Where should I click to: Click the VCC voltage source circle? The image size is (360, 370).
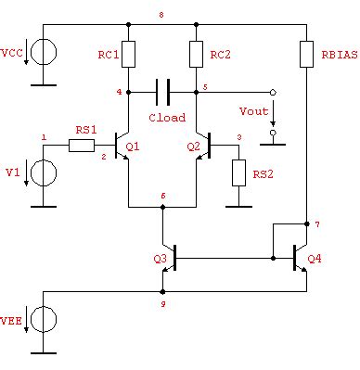coord(44,53)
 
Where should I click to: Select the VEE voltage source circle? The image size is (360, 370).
coord(44,320)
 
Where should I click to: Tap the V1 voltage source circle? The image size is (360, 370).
coord(44,172)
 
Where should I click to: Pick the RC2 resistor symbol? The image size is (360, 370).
coord(197,54)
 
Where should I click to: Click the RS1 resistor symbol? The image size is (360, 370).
coord(83,145)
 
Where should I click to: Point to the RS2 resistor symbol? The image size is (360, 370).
coord(239,172)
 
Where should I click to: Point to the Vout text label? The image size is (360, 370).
coord(253,110)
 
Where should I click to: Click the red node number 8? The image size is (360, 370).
coord(162,17)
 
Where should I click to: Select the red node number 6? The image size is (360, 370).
coord(162,196)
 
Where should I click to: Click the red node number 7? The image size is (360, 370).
coord(317,225)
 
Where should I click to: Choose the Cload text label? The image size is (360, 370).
coord(167,118)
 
